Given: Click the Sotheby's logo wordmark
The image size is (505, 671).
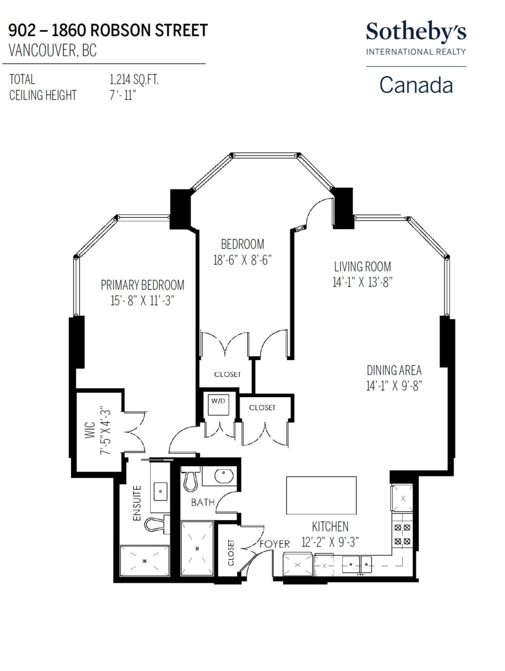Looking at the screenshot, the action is pyautogui.click(x=416, y=32).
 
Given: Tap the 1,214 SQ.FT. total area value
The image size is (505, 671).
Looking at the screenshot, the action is pyautogui.click(x=134, y=80).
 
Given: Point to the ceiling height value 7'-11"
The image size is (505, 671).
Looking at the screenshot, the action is pyautogui.click(x=122, y=96).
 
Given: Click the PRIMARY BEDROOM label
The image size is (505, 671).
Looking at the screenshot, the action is pyautogui.click(x=143, y=285).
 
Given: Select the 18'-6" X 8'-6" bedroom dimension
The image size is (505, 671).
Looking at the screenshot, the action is pyautogui.click(x=242, y=260).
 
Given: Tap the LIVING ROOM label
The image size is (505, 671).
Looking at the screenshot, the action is pyautogui.click(x=362, y=267).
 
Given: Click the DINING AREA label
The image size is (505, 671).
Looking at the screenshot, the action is pyautogui.click(x=394, y=370).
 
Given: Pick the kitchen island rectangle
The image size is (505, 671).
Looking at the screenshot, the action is pyautogui.click(x=321, y=495).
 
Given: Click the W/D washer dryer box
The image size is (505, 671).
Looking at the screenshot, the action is pyautogui.click(x=218, y=405).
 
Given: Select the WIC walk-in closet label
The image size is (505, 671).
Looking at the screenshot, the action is pyautogui.click(x=90, y=430).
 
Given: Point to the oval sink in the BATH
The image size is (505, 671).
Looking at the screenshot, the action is pyautogui.click(x=224, y=476).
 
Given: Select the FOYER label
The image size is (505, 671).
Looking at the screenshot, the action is pyautogui.click(x=275, y=544).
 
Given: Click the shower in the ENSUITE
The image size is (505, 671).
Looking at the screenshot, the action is pyautogui.click(x=145, y=561).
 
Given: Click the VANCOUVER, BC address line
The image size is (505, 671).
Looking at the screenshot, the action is pyautogui.click(x=53, y=50).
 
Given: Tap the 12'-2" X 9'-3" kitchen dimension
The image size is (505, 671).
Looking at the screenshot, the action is pyautogui.click(x=330, y=542).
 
